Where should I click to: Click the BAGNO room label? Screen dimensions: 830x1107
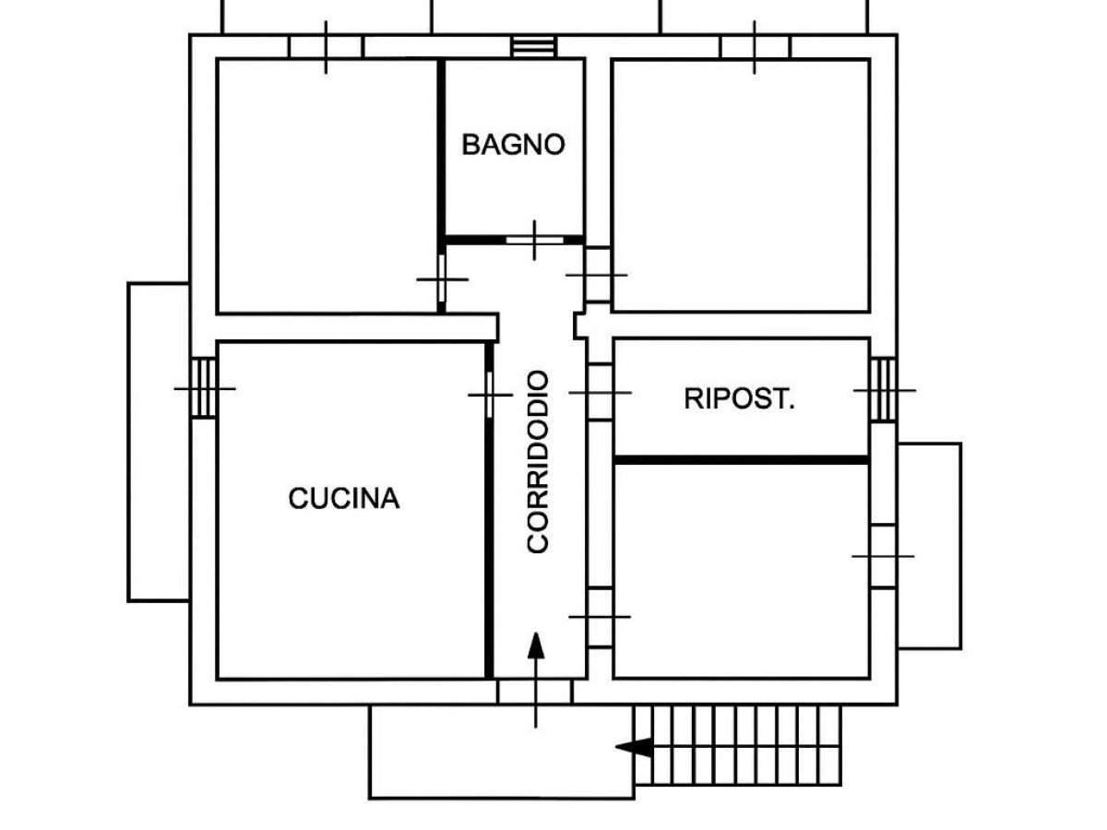point(513,145)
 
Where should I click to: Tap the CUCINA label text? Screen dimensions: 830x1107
point(344,499)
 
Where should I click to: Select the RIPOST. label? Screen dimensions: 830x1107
point(739,399)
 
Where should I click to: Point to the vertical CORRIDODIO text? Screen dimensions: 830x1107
point(538,461)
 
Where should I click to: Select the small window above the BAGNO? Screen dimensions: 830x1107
point(533,46)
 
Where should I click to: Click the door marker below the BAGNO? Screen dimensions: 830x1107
point(534,240)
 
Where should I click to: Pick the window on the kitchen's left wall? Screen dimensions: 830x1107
point(204,388)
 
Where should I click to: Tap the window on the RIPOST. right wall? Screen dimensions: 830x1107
point(884,390)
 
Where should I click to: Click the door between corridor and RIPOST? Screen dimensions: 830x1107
point(600,393)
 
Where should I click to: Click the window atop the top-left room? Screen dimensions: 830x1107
point(326,47)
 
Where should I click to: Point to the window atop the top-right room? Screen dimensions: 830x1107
point(755,47)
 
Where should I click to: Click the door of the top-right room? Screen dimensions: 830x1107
point(598,275)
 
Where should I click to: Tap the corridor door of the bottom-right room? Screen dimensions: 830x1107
point(600,616)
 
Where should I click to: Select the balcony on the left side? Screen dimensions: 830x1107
point(159,442)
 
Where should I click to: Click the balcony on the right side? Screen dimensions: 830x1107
point(929,546)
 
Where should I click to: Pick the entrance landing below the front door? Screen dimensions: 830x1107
point(461,752)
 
